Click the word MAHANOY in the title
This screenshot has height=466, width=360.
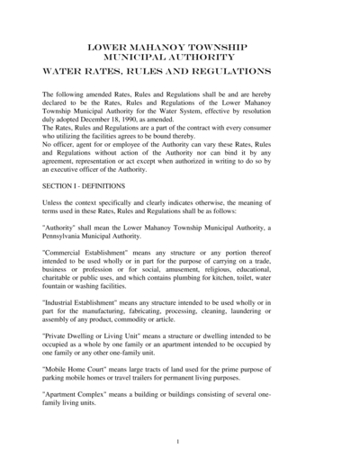tap(161, 45)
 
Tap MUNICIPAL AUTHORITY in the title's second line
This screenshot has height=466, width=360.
tap(179, 55)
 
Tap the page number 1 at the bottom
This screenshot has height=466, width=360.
tap(178, 442)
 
